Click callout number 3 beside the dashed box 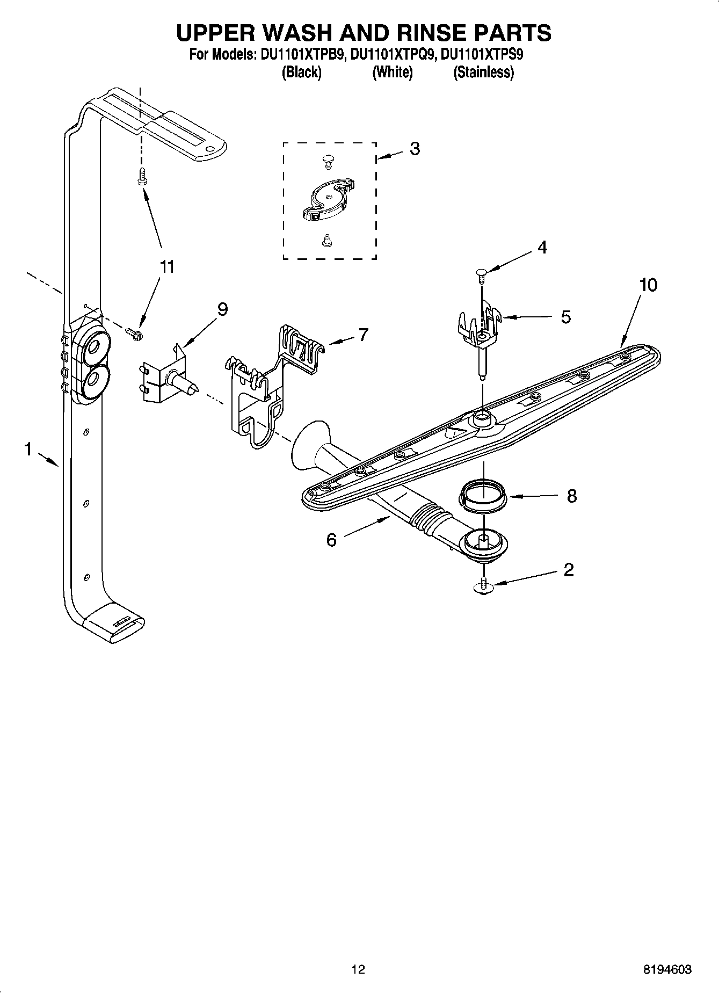tap(414, 149)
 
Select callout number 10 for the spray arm tap(648, 285)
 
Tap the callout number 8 tap(571, 495)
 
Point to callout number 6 tap(331, 539)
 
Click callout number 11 tap(167, 266)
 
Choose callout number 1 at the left tap(28, 448)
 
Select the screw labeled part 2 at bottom tap(484, 585)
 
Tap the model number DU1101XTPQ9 tap(392, 54)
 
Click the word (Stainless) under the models tap(483, 72)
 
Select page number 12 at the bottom tap(358, 969)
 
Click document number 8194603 tap(667, 969)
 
